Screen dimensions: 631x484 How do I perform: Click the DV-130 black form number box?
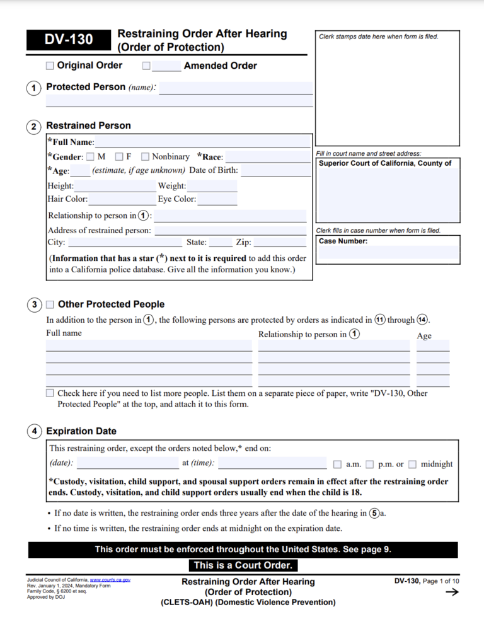tap(68, 40)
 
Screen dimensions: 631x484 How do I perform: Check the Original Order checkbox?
tap(50, 66)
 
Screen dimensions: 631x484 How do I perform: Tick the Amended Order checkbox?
tap(146, 66)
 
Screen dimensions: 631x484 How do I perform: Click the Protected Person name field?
tap(236, 88)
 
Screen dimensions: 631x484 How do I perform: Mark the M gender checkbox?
tap(90, 156)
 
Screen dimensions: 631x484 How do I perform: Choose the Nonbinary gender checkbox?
tap(145, 156)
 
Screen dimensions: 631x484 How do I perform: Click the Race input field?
tap(267, 157)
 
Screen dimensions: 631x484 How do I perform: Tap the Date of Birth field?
tap(275, 170)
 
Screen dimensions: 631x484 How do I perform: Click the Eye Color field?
tap(217, 200)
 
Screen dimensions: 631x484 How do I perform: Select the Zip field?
tap(280, 242)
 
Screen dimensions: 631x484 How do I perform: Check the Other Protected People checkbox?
tap(50, 304)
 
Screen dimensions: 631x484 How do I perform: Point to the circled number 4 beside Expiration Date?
tap(34, 432)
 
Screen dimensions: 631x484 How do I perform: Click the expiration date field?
tap(127, 464)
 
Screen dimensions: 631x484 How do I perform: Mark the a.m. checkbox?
tap(337, 465)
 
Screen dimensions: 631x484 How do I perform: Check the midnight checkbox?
tap(412, 465)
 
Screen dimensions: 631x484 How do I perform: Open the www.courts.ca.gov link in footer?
tap(110, 579)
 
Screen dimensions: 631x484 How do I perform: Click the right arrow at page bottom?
tap(451, 593)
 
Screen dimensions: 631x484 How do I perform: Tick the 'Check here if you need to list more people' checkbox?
tap(50, 393)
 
